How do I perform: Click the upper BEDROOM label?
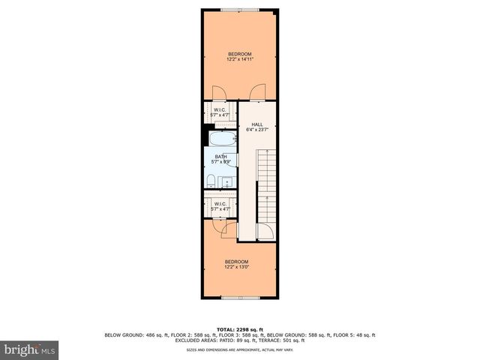[x=240, y=54]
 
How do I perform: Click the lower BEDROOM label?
[x=237, y=262]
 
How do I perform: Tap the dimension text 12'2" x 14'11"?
[x=240, y=60]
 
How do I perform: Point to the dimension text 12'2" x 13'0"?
[x=237, y=267]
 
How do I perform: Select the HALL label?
[x=257, y=124]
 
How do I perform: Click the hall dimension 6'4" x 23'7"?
[x=257, y=130]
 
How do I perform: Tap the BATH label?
[x=221, y=156]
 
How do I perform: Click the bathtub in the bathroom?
[x=222, y=139]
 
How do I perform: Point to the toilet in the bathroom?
[x=211, y=181]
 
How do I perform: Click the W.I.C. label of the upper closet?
[x=220, y=110]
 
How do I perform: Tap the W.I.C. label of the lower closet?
[x=220, y=203]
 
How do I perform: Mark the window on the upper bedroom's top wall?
[x=240, y=9]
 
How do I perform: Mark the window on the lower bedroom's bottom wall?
[x=239, y=298]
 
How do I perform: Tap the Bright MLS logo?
[x=30, y=349]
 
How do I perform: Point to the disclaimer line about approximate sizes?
[x=239, y=350]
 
